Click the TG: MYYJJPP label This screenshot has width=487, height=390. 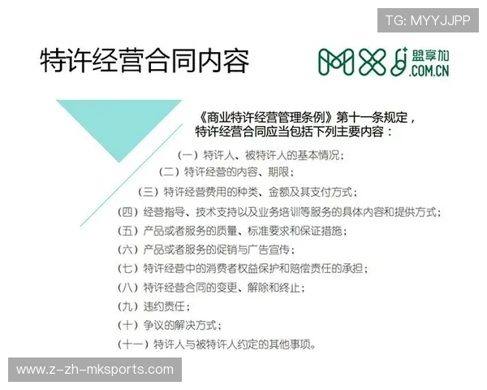428,19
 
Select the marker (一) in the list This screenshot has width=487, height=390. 188,155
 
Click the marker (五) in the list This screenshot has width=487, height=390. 129,232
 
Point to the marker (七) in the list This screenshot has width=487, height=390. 129,269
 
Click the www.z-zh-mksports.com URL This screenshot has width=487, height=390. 94,370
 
